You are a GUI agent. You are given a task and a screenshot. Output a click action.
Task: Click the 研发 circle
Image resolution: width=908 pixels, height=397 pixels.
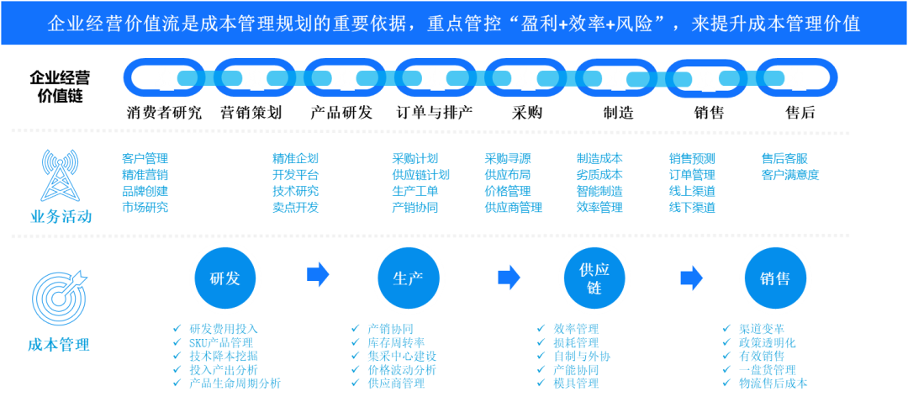(224, 278)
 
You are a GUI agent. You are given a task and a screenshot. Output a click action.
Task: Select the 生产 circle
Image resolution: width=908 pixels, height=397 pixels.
(408, 278)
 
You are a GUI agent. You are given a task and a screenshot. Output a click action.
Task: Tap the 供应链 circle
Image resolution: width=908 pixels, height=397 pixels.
(594, 278)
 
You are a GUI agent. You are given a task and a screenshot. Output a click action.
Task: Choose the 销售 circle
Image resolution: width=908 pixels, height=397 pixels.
(774, 278)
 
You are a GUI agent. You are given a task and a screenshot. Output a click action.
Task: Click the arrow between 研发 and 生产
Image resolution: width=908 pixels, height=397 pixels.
(317, 274)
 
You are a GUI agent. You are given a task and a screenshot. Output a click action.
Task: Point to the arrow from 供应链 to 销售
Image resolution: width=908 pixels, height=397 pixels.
(691, 277)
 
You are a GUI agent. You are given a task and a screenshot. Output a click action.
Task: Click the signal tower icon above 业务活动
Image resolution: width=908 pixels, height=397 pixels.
(60, 174)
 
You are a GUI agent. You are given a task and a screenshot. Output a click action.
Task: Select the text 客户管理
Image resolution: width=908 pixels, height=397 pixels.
(145, 158)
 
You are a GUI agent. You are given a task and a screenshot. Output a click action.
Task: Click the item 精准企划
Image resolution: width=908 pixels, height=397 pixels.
(295, 158)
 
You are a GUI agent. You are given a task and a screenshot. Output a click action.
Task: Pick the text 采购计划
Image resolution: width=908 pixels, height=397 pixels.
(414, 158)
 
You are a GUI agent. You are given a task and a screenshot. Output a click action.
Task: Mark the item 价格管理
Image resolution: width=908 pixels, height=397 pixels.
(507, 191)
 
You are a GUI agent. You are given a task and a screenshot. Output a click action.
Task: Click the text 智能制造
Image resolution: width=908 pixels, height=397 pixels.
(599, 191)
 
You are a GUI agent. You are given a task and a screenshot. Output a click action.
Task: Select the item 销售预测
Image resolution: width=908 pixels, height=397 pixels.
(691, 158)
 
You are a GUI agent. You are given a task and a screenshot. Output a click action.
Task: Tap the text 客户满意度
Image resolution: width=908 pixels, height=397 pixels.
(789, 175)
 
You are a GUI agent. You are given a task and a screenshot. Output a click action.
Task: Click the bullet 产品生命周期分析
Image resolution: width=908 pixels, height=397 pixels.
(235, 384)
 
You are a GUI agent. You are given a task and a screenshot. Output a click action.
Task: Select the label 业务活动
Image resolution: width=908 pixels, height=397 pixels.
(59, 217)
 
